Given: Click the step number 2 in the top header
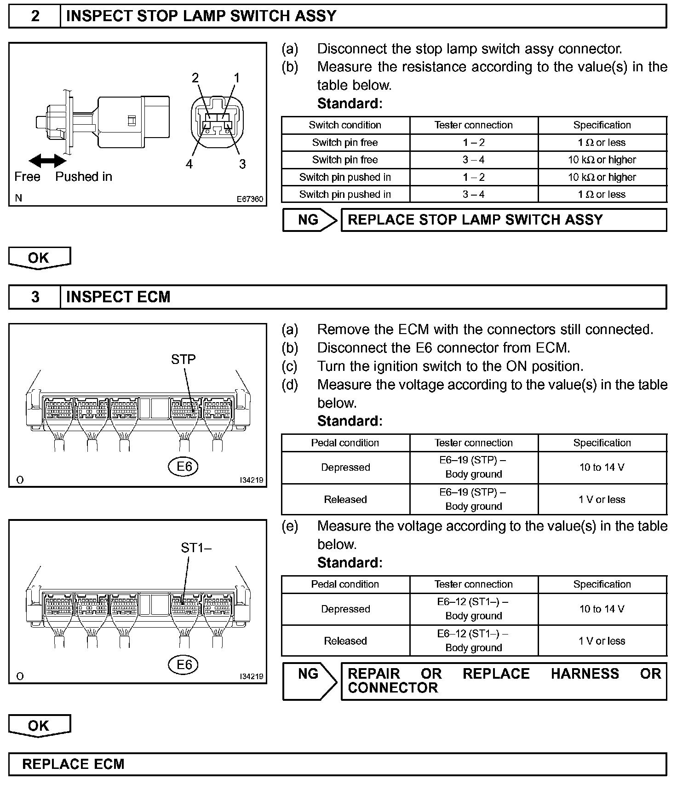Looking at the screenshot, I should pos(35,16).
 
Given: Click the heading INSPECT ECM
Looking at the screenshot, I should pos(118,297).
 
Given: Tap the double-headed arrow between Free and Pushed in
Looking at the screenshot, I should pos(47,161).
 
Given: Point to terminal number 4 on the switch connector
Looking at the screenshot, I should pos(189,164).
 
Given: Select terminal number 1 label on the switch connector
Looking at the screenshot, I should pos(237,78).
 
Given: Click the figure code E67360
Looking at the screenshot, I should pos(250,199).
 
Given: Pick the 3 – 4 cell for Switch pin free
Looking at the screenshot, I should pos(473,160).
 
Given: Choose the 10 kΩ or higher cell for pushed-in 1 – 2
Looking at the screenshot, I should pos(602,177).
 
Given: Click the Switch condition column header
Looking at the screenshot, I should pos(345,125).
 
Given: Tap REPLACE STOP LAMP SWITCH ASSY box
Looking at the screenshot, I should pos(503,220).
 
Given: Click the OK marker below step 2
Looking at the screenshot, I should pos(39,258).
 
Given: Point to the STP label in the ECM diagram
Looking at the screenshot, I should pos(183,359).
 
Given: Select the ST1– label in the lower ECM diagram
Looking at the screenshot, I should pos(195,548).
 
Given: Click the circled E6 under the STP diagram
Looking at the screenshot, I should pos(184,467).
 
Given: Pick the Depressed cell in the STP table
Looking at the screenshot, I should pos(345,468).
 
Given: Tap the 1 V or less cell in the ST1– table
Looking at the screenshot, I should pos(602,641).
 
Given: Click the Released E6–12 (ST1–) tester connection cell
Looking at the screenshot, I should pos(473,641).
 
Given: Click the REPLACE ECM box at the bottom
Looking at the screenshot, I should pos(337,764).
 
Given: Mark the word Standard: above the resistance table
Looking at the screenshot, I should pos(350,104).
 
